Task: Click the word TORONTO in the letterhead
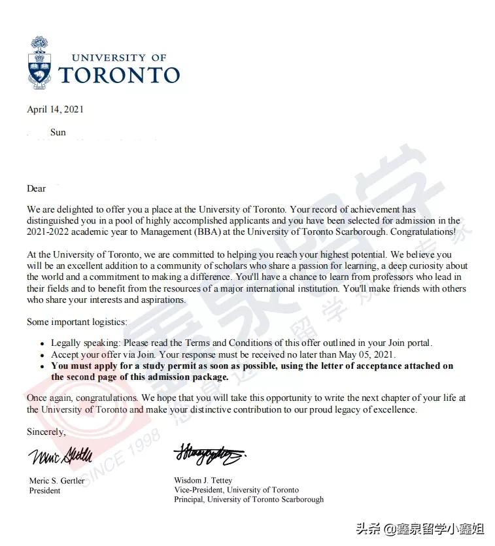coord(119,75)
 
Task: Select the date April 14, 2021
coord(55,109)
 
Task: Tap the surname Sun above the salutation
coord(58,133)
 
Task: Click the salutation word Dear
coord(36,188)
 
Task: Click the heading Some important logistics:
coord(77,322)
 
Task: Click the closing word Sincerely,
coord(46,432)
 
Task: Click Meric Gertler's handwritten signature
coord(60,454)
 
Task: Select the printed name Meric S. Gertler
coord(58,481)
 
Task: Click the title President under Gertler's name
coord(45,490)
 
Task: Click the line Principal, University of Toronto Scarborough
coord(248,500)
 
